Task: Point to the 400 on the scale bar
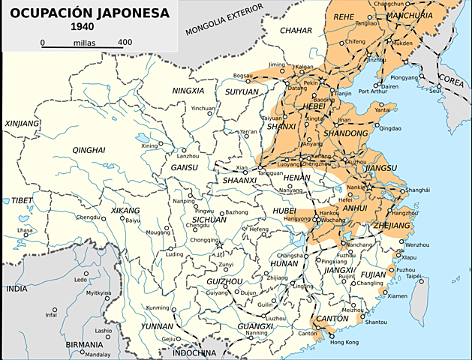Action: coord(125,42)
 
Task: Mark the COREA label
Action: coord(451,78)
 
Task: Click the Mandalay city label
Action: coord(97,354)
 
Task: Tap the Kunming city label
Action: coord(158,308)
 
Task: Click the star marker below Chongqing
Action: coord(219,245)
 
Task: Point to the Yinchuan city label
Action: coord(202,109)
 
